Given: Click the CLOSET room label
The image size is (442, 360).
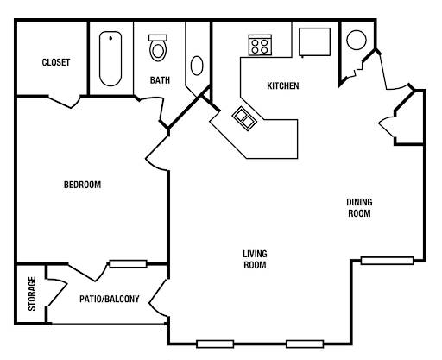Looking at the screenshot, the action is tap(56, 62).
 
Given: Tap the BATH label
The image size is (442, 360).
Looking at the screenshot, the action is tap(160, 80).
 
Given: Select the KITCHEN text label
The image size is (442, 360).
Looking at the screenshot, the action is tap(283, 85).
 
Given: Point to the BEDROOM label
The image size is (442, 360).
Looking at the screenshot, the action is tap(82, 185).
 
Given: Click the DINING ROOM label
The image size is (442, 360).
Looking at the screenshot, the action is tap(359, 208).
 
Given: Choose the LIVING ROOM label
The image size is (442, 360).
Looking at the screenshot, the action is tap(255, 259).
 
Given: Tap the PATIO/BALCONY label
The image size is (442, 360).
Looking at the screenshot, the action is tap(110, 299).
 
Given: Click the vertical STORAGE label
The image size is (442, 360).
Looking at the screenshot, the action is tap(32, 294).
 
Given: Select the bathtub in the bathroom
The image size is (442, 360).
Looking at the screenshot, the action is tap(110, 59).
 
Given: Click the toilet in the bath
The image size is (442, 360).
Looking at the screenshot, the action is tap(158, 47).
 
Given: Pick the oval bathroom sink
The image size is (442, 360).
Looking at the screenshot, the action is tap(197, 66).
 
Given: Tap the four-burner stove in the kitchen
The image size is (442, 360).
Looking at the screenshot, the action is tap(260, 45).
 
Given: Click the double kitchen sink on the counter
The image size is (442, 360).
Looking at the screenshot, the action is tap(244, 118).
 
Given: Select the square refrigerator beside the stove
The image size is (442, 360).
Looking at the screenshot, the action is tap(314, 42).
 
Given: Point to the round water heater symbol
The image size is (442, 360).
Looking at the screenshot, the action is tap(357, 40).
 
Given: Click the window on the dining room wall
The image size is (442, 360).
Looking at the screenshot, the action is tap(388, 261).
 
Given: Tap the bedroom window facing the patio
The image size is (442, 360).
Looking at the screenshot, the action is tap(129, 264).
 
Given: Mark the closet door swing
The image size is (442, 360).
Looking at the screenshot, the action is tap(64, 102).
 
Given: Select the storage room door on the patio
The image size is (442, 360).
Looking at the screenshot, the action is tap(57, 292).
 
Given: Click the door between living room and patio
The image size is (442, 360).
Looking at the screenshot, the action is tap(158, 299).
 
